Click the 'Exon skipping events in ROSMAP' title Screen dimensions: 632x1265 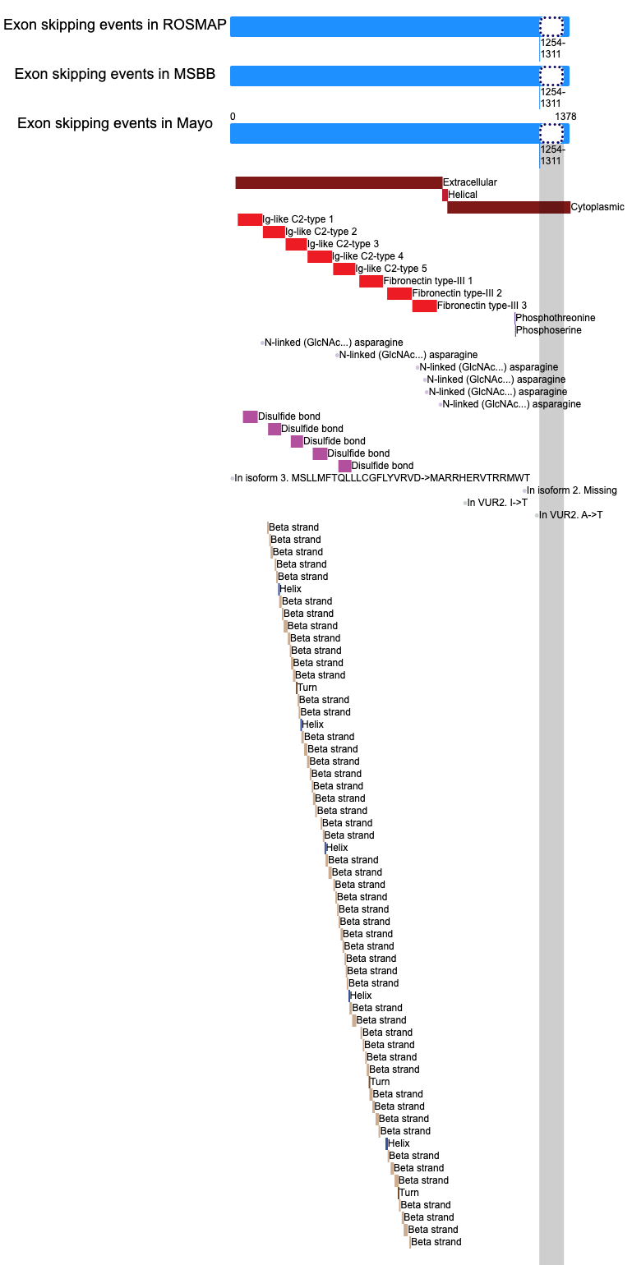click(115, 25)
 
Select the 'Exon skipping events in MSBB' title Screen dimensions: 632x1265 click(115, 74)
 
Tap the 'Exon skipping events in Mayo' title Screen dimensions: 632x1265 click(115, 123)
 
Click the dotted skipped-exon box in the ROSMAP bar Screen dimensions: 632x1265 click(551, 26)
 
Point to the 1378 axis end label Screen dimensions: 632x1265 click(565, 117)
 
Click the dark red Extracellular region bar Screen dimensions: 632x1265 click(339, 182)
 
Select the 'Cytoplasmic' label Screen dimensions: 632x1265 click(597, 207)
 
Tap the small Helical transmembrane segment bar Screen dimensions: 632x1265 click(445, 195)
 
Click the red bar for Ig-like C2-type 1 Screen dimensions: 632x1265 click(250, 219)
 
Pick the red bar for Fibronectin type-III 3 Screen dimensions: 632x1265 click(425, 306)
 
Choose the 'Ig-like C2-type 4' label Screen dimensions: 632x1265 click(367, 255)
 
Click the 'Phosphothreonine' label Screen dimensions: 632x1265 click(556, 317)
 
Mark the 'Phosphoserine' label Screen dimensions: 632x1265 click(548, 330)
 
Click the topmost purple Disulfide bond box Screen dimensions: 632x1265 click(250, 416)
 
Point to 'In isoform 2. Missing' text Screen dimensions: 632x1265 click(571, 490)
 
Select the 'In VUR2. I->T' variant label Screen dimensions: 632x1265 click(497, 503)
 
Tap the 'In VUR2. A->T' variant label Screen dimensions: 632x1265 click(570, 515)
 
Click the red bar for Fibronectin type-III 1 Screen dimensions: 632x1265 click(371, 281)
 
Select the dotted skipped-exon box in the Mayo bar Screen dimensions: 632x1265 click(551, 133)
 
